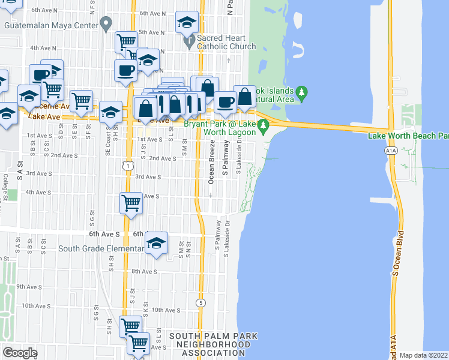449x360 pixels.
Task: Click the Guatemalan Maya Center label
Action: click(50, 26)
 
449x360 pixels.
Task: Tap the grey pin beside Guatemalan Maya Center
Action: click(106, 25)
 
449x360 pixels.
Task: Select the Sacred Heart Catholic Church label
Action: click(227, 41)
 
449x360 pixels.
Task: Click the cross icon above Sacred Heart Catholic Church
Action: click(188, 41)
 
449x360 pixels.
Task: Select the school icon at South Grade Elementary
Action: click(156, 242)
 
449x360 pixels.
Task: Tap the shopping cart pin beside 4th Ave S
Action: click(131, 203)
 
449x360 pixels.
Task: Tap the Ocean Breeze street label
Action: click(211, 162)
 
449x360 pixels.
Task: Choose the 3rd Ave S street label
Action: click(147, 177)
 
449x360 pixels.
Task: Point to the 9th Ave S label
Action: click(29, 287)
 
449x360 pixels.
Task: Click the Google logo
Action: click(20, 353)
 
